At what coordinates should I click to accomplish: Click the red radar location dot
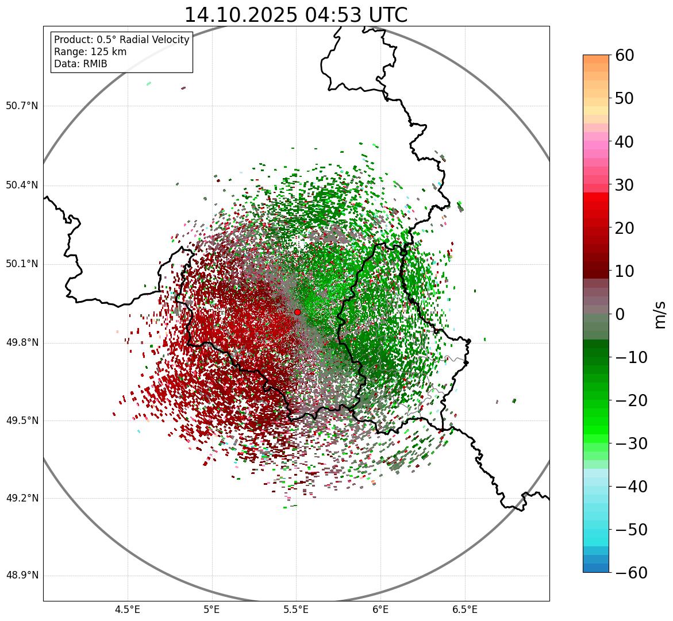pos(297,312)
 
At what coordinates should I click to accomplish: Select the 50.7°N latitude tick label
pos(22,106)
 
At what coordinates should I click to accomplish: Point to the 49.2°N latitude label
pos(22,498)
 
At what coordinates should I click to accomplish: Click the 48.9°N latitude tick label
pos(22,576)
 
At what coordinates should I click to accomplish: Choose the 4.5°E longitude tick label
pos(128,610)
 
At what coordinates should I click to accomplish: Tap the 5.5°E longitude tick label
pos(296,610)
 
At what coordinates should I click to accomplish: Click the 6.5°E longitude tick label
pos(464,610)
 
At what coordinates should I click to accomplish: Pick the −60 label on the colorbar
pos(631,573)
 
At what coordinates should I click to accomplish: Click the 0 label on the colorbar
pos(620,314)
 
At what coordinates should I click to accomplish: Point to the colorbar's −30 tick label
pos(631,443)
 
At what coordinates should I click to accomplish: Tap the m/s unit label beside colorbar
pos(660,314)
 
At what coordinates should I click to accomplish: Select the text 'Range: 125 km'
pos(90,52)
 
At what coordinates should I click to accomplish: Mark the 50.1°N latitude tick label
pos(22,264)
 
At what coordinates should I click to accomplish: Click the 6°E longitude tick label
pos(380,610)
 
